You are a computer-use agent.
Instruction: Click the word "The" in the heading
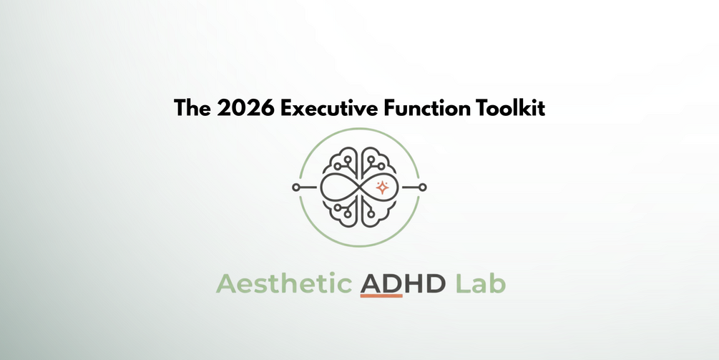(x=192, y=109)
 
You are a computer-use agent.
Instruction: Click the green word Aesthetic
(x=283, y=283)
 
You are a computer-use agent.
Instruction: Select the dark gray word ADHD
(x=403, y=284)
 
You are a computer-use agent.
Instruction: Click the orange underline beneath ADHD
(x=381, y=296)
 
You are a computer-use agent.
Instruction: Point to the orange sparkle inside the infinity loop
(x=381, y=187)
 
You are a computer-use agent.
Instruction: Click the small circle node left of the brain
(x=295, y=187)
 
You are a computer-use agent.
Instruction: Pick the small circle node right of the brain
(x=423, y=187)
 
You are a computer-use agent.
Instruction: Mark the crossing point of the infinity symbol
(x=359, y=187)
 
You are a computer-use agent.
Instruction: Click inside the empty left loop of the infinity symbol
(x=337, y=187)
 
